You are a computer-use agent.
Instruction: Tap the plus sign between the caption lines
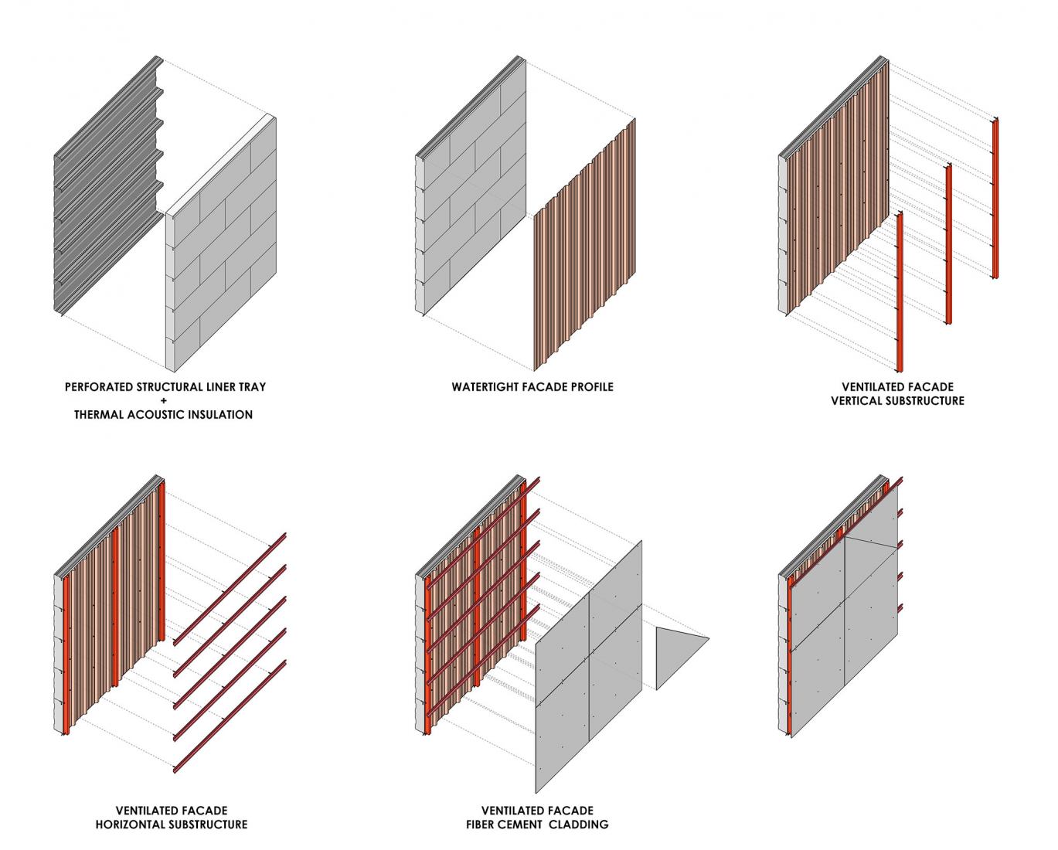point(164,400)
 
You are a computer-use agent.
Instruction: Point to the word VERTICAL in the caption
point(858,401)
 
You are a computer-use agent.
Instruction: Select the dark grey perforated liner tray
point(104,193)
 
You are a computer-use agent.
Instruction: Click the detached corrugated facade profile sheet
point(585,247)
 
